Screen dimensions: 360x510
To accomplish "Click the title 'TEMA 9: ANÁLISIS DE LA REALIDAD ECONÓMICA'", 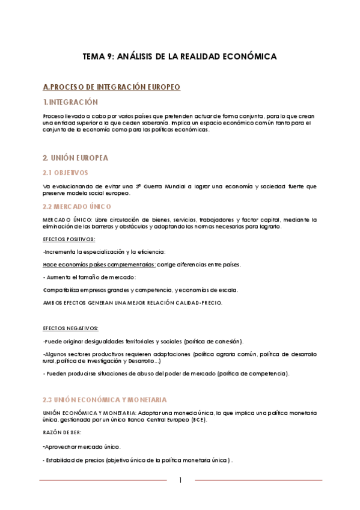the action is click(x=180, y=56).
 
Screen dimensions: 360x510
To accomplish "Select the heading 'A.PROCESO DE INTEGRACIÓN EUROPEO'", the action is click(x=112, y=87).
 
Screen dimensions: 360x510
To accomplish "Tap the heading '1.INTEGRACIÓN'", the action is click(x=70, y=102).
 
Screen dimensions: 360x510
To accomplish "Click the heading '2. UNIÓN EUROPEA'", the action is click(x=75, y=158).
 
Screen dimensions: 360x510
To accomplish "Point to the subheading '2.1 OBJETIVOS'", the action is click(x=66, y=173).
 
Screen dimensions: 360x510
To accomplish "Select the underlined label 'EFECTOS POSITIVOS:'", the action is click(x=69, y=239).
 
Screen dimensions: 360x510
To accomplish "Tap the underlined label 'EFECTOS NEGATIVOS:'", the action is click(x=71, y=328).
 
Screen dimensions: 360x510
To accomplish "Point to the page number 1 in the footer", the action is click(x=180, y=480).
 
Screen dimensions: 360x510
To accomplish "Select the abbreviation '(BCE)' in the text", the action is click(x=197, y=420).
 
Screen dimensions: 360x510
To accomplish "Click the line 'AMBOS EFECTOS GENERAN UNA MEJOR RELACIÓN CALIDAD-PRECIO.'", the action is click(x=132, y=303).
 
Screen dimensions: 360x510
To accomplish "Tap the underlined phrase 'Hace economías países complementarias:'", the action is click(x=100, y=265).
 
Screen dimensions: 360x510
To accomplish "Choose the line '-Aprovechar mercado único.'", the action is click(x=81, y=447).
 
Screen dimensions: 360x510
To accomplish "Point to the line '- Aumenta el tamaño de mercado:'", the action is click(x=90, y=277).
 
